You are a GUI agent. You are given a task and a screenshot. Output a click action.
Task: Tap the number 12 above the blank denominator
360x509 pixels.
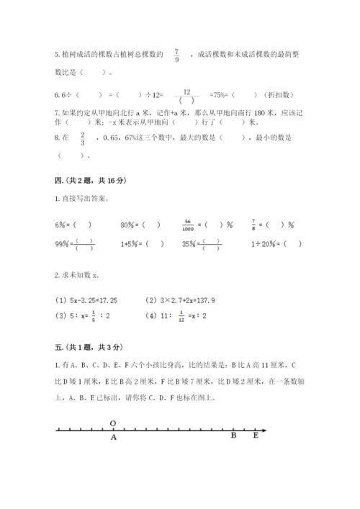pos(186,91)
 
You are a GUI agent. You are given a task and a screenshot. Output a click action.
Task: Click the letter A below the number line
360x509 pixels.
pos(113,436)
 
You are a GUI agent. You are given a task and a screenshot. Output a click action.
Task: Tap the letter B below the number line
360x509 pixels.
pos(233,436)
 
